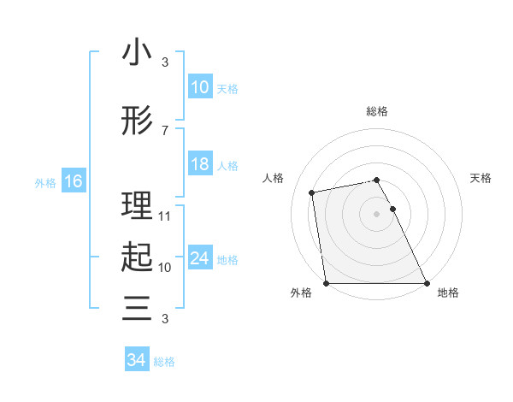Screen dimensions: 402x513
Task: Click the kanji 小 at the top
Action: (x=137, y=53)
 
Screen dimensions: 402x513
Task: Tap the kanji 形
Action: (x=137, y=122)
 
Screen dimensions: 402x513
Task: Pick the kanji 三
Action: (x=137, y=307)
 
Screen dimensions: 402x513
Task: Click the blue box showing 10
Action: (x=199, y=87)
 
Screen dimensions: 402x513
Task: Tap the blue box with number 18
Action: (x=199, y=165)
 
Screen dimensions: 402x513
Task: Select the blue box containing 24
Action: (x=199, y=259)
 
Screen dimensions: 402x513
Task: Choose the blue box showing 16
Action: (x=73, y=181)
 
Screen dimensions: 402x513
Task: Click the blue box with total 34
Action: (x=136, y=360)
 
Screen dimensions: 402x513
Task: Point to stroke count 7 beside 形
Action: (x=164, y=131)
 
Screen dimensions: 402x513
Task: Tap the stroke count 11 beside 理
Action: (x=165, y=216)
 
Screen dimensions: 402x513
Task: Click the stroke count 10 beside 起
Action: (x=165, y=267)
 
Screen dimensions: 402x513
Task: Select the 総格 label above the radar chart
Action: (x=377, y=111)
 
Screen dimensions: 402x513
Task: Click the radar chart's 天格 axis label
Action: (x=481, y=178)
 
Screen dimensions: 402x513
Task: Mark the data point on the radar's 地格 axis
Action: (x=427, y=283)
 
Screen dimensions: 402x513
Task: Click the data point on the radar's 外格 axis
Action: (x=326, y=283)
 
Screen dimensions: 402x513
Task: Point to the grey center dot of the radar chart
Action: (x=377, y=213)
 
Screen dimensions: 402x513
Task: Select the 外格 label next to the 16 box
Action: (x=44, y=182)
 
